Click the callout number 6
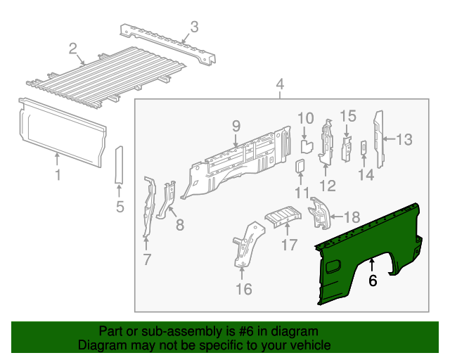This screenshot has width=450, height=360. point(373,281)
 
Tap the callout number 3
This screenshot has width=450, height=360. point(195,27)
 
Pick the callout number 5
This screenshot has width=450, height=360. point(120,207)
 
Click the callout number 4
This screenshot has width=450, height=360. point(280,85)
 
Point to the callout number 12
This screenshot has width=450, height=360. point(328,185)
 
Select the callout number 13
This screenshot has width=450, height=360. point(404,139)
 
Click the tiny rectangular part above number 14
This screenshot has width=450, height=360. point(364,147)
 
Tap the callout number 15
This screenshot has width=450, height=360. point(349,116)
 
